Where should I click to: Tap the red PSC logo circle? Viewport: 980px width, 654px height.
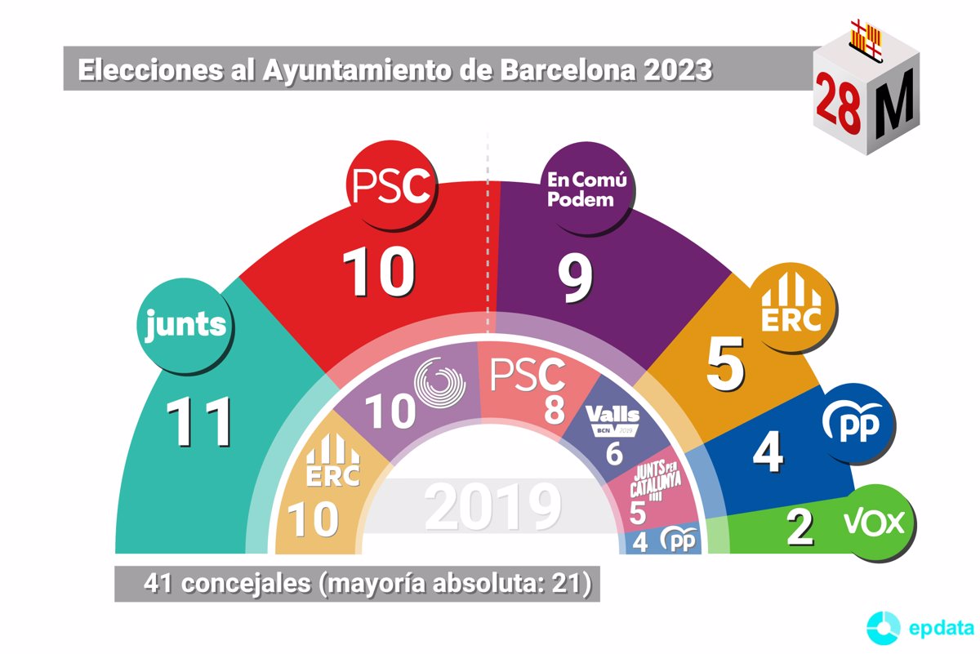pos(390,186)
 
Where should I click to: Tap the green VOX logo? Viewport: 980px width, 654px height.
pos(881,523)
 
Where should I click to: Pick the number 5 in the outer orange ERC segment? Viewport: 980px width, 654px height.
pos(725,364)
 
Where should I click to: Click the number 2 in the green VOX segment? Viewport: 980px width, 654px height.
pos(800,527)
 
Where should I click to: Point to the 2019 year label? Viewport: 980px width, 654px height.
pos(493,507)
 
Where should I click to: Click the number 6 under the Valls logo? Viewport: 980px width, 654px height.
pos(614,453)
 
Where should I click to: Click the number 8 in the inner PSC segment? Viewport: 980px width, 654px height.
pos(555,409)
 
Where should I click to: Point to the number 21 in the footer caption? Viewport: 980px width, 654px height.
pos(565,584)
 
